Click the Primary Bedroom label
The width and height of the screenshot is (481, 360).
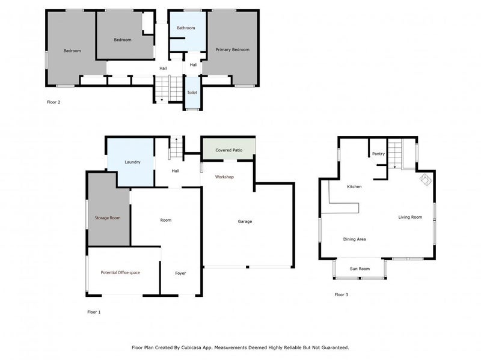[x=232, y=50]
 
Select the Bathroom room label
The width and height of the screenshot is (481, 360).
[x=186, y=28]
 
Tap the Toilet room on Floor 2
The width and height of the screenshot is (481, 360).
[x=192, y=93]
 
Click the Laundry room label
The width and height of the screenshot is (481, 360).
[x=132, y=162]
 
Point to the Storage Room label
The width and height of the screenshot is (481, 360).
[x=108, y=218]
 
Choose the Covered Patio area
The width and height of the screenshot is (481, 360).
[x=228, y=149]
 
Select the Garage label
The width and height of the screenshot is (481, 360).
[x=245, y=222]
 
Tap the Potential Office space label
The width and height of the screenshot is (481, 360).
[x=120, y=273]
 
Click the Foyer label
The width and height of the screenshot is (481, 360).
[x=180, y=273]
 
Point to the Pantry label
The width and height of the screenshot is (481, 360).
[x=378, y=154]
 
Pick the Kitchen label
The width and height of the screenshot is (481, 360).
[x=354, y=187]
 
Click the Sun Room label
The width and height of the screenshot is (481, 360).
[x=360, y=269]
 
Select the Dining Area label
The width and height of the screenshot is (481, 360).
[x=354, y=239]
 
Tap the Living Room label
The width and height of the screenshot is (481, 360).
[x=410, y=217]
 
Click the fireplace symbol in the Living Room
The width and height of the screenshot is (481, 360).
[x=424, y=179]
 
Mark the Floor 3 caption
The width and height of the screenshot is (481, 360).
[x=342, y=295]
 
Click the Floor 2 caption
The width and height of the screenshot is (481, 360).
[x=54, y=102]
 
